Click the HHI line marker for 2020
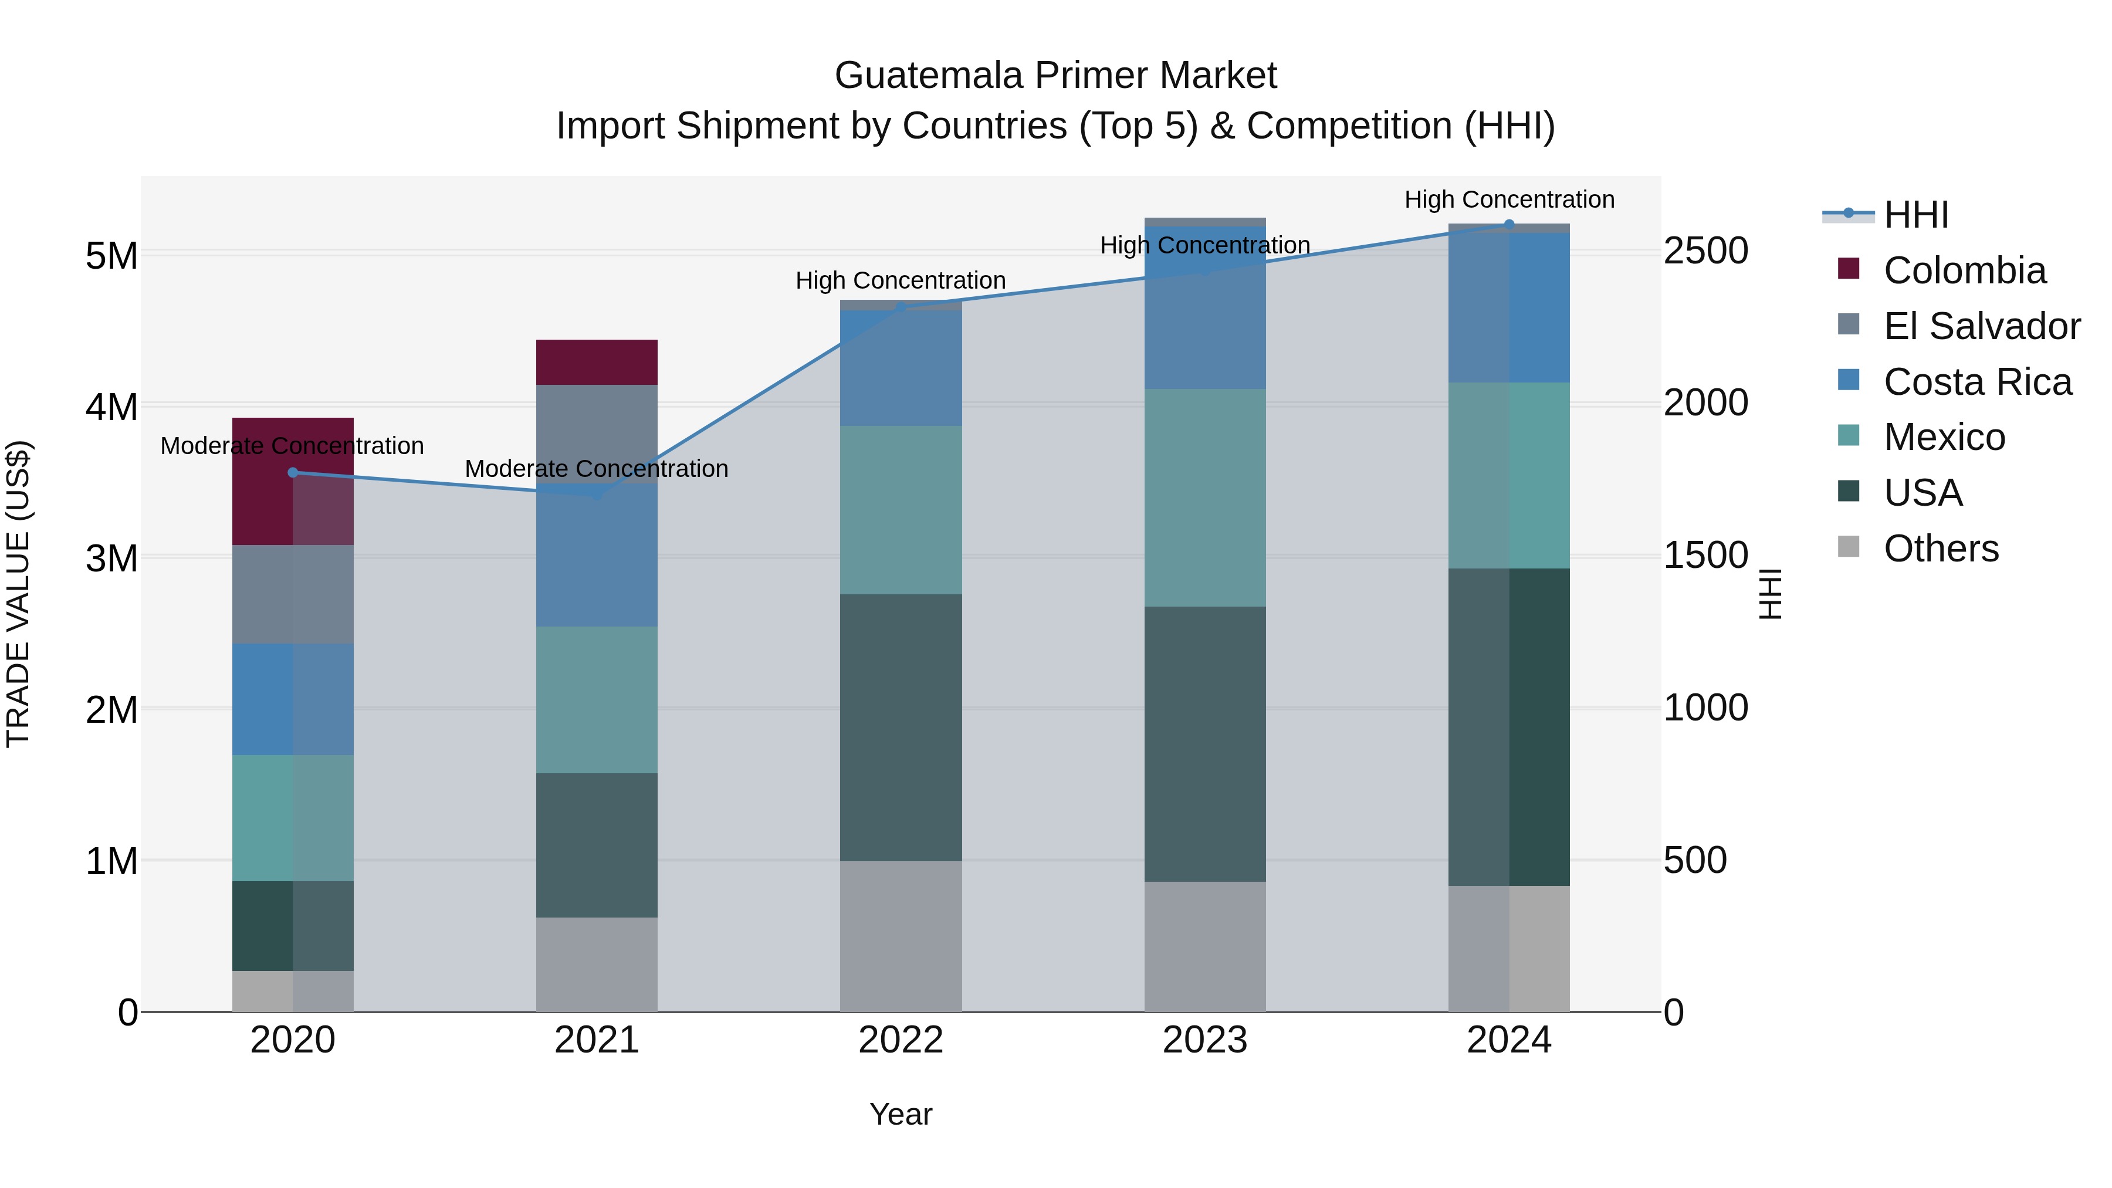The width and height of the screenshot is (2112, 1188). click(293, 472)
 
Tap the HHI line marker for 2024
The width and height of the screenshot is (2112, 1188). click(1508, 225)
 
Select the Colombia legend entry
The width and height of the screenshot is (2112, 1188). click(1964, 270)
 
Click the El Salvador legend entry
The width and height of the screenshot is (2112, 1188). click(1981, 326)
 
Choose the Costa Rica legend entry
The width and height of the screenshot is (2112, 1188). click(1976, 382)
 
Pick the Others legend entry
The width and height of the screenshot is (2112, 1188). click(1941, 549)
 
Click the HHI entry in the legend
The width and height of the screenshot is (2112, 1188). click(1915, 215)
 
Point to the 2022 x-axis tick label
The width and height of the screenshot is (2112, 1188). click(900, 1040)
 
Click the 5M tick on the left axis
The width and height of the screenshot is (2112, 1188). click(111, 256)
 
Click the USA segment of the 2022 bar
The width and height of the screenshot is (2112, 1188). click(900, 727)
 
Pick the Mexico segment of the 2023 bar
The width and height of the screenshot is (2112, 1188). click(1204, 497)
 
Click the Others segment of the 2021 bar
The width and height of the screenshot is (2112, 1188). click(596, 964)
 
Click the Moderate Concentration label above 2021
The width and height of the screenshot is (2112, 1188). click(596, 469)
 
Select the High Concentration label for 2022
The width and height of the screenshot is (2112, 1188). click(900, 280)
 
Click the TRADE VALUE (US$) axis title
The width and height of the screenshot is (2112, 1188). click(19, 594)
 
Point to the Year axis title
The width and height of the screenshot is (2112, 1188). click(900, 1114)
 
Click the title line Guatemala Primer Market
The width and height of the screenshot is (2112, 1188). click(1055, 76)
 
